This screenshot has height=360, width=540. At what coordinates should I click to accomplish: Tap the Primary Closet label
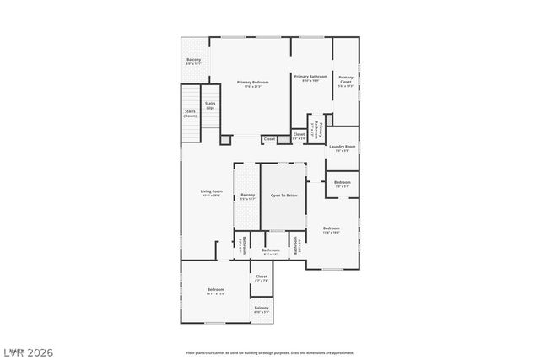pyautogui.click(x=346, y=80)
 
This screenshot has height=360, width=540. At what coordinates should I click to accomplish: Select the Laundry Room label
pyautogui.click(x=343, y=146)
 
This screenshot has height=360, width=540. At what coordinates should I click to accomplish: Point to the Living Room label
pyautogui.click(x=211, y=191)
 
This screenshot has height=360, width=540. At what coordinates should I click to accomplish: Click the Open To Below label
pyautogui.click(x=283, y=195)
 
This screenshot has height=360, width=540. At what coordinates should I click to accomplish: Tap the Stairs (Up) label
pyautogui.click(x=209, y=105)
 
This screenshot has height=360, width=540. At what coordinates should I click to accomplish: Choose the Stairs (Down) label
pyautogui.click(x=191, y=113)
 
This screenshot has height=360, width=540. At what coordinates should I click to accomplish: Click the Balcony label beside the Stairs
pyautogui.click(x=193, y=59)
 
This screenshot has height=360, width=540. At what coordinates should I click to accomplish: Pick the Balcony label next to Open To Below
pyautogui.click(x=247, y=195)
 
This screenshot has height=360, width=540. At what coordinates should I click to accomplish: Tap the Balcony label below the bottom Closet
pyautogui.click(x=262, y=308)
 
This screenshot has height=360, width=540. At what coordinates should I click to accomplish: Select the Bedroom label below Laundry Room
pyautogui.click(x=343, y=183)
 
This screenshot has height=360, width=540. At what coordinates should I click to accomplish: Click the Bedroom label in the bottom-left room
pyautogui.click(x=216, y=291)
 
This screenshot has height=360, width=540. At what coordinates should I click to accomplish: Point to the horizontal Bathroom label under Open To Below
pyautogui.click(x=271, y=250)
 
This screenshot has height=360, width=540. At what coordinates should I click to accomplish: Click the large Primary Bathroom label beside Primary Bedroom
pyautogui.click(x=310, y=77)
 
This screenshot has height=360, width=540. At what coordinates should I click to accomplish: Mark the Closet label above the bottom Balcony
pyautogui.click(x=262, y=276)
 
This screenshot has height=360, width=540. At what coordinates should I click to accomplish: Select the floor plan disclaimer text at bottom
pyautogui.click(x=270, y=352)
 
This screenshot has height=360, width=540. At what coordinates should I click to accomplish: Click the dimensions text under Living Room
pyautogui.click(x=211, y=196)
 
